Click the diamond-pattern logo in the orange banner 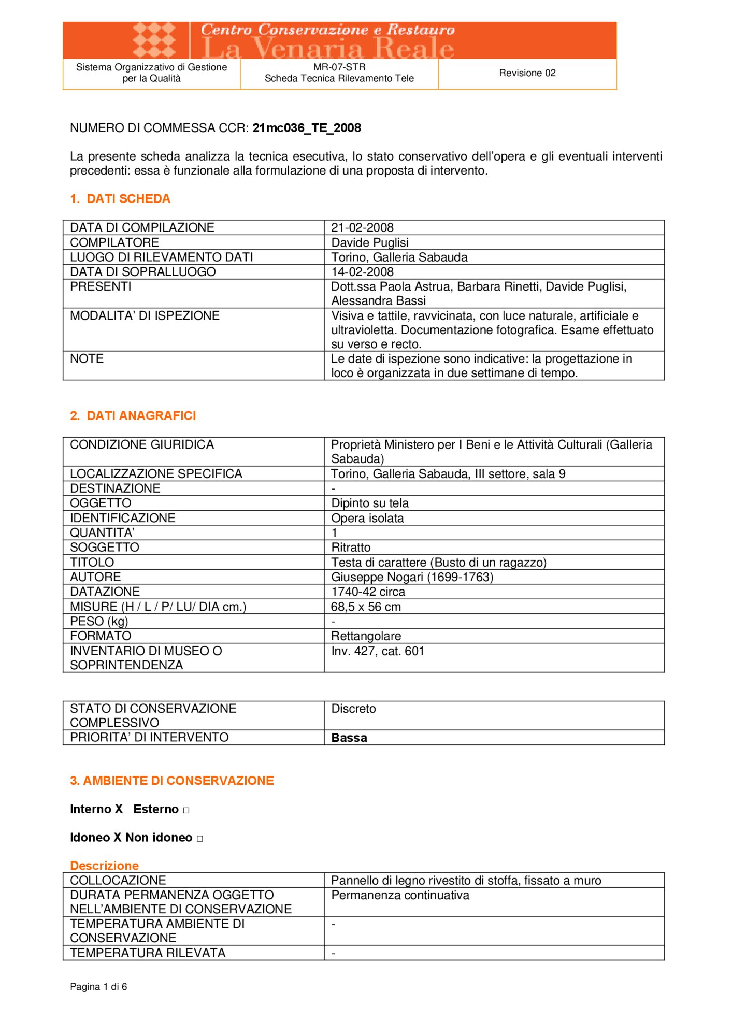coord(154,40)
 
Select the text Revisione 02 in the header coord(527,73)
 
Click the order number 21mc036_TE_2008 coord(306,128)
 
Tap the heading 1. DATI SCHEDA coord(120,199)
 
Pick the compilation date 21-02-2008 coord(362,227)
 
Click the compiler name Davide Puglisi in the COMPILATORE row coord(369,242)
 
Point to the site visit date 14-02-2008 coord(362,272)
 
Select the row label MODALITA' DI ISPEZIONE coord(145,315)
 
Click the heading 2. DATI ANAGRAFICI coord(133,416)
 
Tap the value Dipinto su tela coord(369,503)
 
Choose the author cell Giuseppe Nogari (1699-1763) coord(412,577)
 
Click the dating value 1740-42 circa coord(368,592)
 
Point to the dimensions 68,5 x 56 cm coord(366,607)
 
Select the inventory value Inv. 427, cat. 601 coord(378,651)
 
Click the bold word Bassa coord(349,738)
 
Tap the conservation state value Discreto coord(353,709)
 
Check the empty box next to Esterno coord(186,810)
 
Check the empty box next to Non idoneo coord(200,839)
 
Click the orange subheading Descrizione coord(104,866)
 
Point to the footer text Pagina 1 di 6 coord(98,987)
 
